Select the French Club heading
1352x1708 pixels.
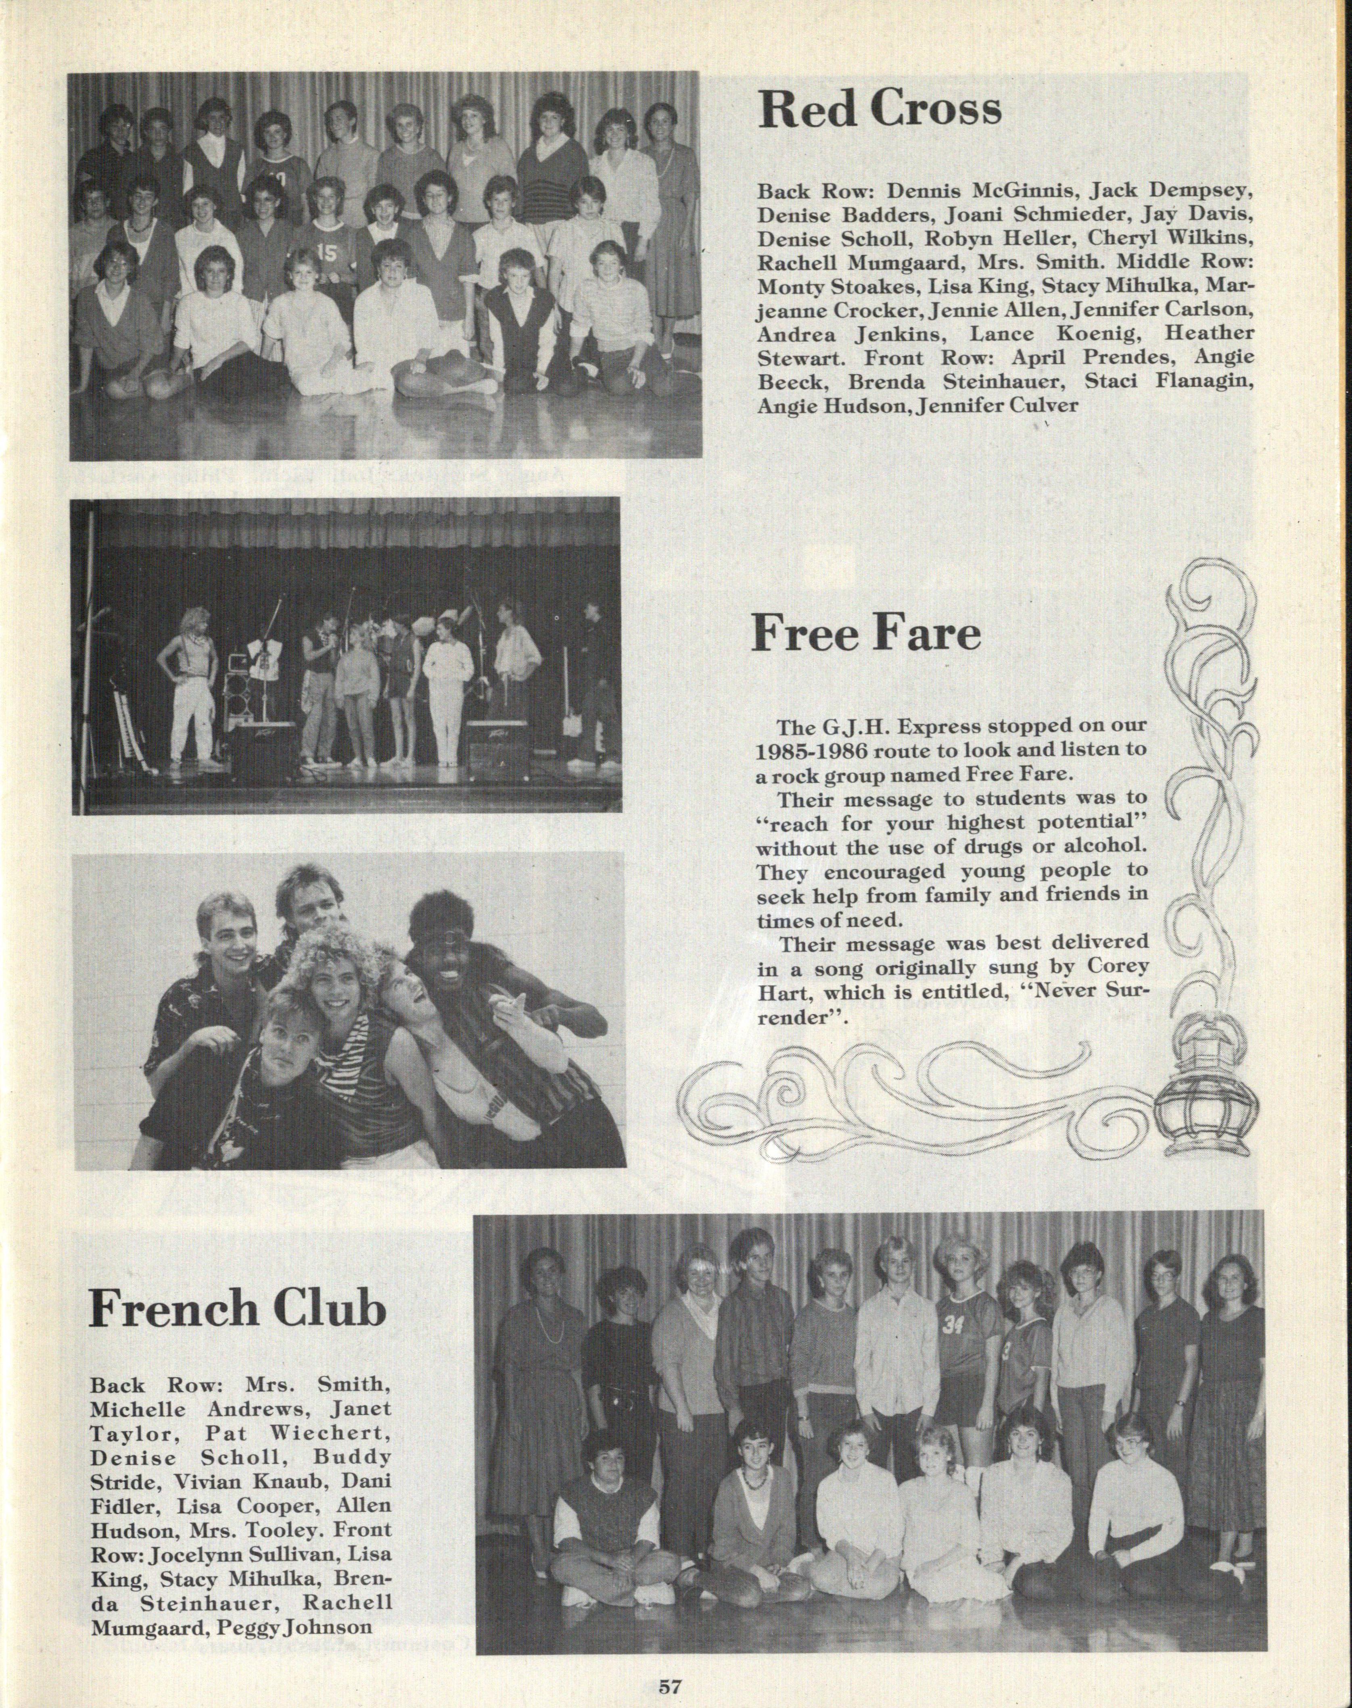point(238,1308)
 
